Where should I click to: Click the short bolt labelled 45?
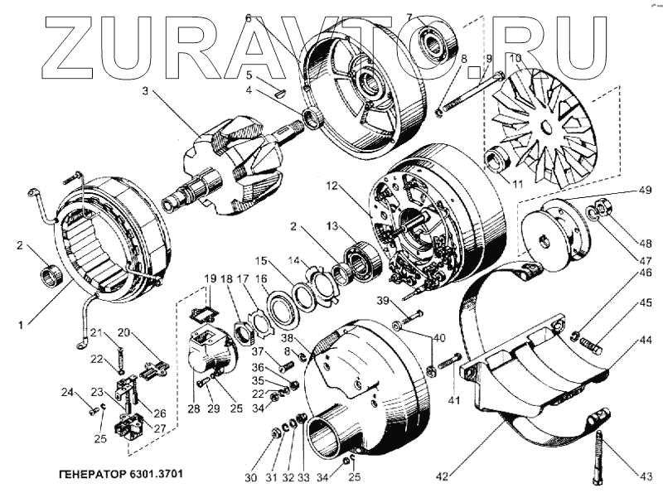point(589,341)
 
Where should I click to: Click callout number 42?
point(442,476)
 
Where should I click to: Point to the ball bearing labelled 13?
point(363,259)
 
